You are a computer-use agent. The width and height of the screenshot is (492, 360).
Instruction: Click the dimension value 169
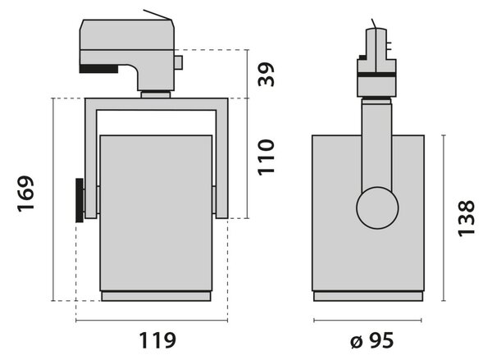pos(25,194)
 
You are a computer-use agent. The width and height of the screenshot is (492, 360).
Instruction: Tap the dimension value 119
pos(157,340)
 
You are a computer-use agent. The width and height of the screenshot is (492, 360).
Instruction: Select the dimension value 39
pos(266,75)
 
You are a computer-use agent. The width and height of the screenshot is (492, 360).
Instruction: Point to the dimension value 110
pos(266,157)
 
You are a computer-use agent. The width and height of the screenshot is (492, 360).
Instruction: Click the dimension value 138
pos(467,218)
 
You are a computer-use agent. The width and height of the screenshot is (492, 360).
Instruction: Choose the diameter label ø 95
pos(371,340)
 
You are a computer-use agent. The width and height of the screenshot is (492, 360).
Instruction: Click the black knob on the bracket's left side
pos(80,200)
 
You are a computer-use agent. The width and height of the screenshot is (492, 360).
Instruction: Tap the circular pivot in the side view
pos(377,207)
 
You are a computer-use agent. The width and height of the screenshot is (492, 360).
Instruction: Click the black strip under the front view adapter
pos(99,69)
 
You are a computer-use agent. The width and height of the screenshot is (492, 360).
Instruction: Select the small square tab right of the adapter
pos(179,62)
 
